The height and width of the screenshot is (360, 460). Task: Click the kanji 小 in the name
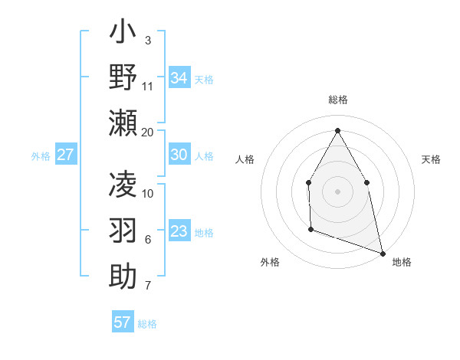(x=123, y=34)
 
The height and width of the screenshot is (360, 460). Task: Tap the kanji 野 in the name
(x=123, y=77)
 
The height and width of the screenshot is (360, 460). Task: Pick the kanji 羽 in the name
(x=123, y=231)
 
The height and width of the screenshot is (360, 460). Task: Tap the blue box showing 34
(x=179, y=77)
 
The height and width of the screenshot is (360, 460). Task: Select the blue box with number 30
(x=179, y=155)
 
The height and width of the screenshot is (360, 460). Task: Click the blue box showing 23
(x=179, y=231)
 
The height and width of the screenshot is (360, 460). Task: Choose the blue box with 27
(x=66, y=155)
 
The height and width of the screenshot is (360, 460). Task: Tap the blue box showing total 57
(x=123, y=322)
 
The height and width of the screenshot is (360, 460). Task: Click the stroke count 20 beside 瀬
(x=148, y=133)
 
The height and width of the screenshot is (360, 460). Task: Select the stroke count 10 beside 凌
(x=148, y=193)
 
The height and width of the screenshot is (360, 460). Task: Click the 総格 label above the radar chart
(x=338, y=100)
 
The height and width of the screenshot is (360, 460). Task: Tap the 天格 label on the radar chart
(x=431, y=159)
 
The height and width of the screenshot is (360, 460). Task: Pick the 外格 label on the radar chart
(x=270, y=262)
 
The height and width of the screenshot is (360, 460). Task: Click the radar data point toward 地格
(x=383, y=251)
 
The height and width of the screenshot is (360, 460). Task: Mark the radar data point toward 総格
(x=337, y=129)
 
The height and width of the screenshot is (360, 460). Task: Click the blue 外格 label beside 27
(x=41, y=155)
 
